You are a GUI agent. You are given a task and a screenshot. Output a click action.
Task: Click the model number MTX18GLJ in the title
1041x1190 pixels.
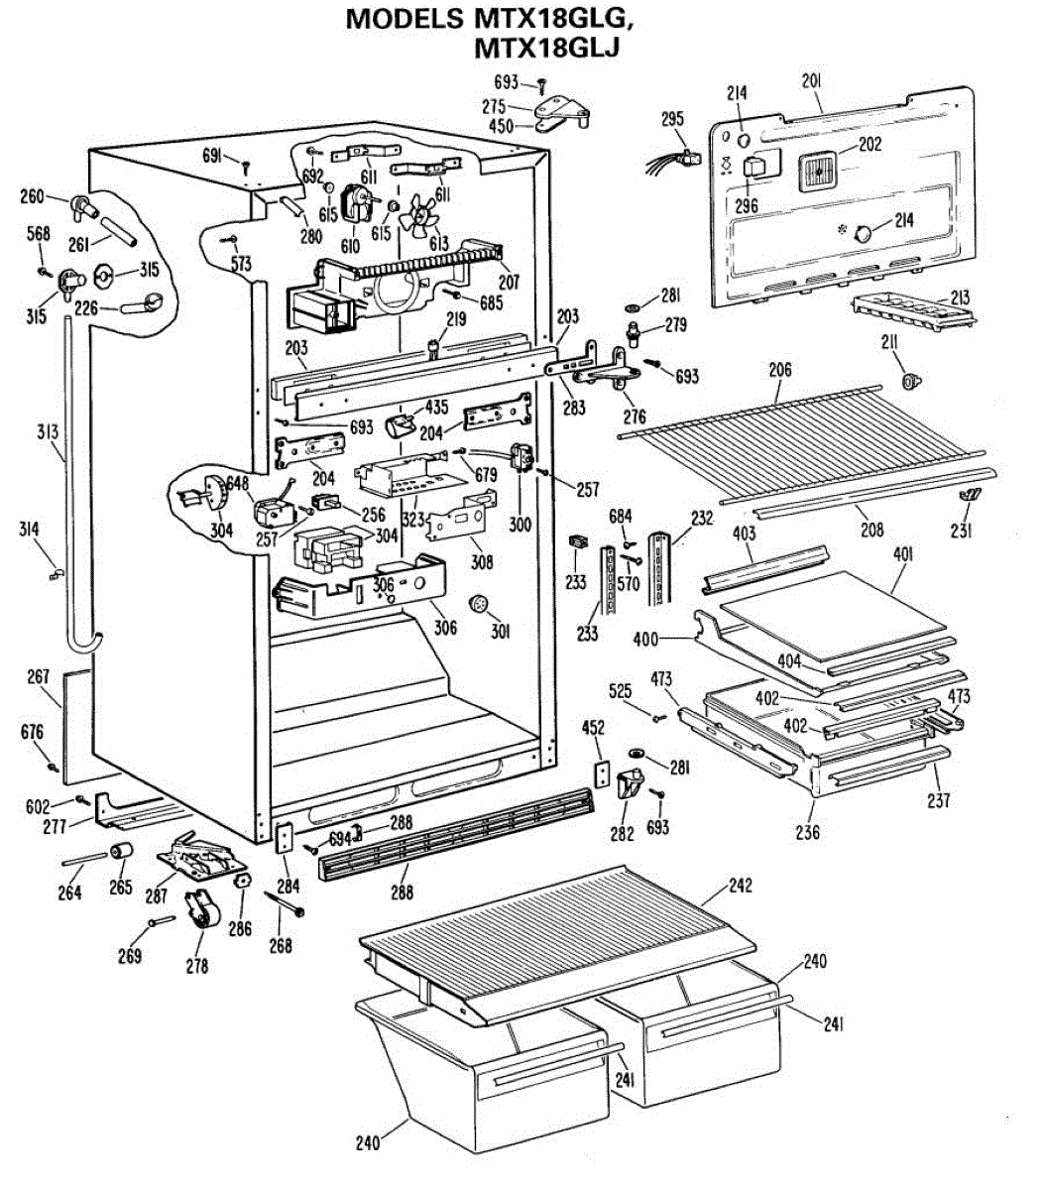pos(546,48)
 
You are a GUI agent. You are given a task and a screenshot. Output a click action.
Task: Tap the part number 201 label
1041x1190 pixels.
pos(811,81)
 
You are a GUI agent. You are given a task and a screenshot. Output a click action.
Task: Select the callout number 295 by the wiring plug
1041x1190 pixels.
pos(672,119)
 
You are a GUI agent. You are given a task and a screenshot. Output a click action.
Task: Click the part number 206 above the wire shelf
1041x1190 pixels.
pos(780,369)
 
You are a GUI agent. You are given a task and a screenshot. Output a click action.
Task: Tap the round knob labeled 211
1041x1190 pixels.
pos(910,382)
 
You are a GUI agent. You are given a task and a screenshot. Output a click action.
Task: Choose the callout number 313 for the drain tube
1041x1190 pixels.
pos(48,431)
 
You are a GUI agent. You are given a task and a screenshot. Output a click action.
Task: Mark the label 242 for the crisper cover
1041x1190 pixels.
pos(740,886)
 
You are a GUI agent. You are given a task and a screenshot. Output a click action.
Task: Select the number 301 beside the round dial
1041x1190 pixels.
pos(500,631)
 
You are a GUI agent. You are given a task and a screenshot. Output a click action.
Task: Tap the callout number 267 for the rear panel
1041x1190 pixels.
pos(39,676)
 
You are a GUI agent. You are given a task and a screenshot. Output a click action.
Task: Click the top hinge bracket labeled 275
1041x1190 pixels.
pos(560,109)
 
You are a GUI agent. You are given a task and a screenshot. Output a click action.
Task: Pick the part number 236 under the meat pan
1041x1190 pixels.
pos(807,832)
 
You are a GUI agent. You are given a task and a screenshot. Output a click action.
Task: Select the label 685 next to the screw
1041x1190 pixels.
pos(491,302)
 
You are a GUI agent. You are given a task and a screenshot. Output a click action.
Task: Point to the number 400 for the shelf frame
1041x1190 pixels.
pos(645,640)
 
